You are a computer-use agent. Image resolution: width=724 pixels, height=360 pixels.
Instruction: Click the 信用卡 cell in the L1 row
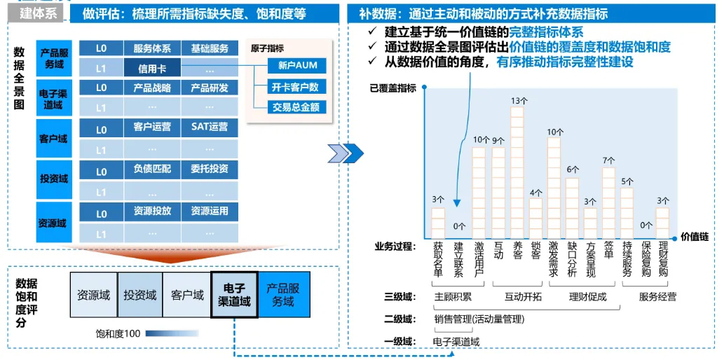click(x=152, y=69)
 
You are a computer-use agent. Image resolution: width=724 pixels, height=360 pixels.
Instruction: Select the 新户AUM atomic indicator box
click(x=297, y=66)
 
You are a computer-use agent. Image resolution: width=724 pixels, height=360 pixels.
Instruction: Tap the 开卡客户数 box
click(x=297, y=87)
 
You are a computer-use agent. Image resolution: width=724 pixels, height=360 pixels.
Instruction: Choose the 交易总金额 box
click(x=297, y=107)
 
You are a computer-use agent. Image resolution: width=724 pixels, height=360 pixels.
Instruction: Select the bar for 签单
click(x=608, y=203)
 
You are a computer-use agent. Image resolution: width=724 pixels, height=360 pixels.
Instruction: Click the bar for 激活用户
click(x=479, y=193)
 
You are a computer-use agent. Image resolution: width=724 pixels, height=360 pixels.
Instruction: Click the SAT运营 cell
click(x=209, y=127)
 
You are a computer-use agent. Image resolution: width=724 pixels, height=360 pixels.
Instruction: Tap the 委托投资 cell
click(x=209, y=169)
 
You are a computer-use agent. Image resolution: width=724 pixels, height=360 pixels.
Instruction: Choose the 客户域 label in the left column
click(x=53, y=139)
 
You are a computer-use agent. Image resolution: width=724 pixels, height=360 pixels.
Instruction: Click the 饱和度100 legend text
click(x=118, y=333)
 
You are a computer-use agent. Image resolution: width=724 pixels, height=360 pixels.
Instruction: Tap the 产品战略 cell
click(x=152, y=88)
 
